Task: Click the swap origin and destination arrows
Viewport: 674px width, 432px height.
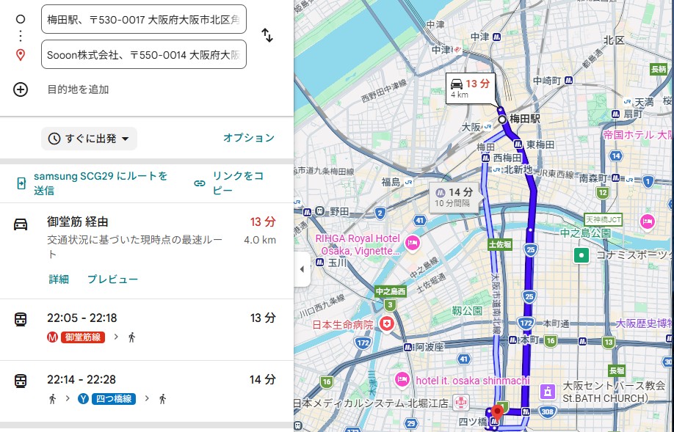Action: pyautogui.click(x=267, y=35)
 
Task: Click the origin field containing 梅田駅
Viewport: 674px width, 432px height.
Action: pyautogui.click(x=143, y=19)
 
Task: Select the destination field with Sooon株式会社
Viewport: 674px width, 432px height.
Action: pyautogui.click(x=143, y=54)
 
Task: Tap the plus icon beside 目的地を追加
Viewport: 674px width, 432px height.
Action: pyautogui.click(x=21, y=89)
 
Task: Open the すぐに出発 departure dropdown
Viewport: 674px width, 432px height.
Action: pyautogui.click(x=89, y=139)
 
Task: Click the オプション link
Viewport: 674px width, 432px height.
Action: pyautogui.click(x=248, y=138)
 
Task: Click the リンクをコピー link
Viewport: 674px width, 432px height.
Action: pyautogui.click(x=232, y=183)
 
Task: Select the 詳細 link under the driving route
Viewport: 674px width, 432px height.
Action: pyautogui.click(x=59, y=279)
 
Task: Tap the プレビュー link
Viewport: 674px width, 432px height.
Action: pyautogui.click(x=112, y=279)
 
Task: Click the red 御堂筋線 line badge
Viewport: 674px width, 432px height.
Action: pyautogui.click(x=81, y=337)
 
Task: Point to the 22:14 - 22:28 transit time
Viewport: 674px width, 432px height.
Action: pyautogui.click(x=81, y=380)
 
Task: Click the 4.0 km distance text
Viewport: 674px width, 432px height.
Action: pyautogui.click(x=259, y=240)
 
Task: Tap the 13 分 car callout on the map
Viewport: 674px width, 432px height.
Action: pyautogui.click(x=471, y=87)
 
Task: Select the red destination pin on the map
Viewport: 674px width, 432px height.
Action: pyautogui.click(x=497, y=411)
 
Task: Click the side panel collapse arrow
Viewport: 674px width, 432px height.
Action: pyautogui.click(x=302, y=269)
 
